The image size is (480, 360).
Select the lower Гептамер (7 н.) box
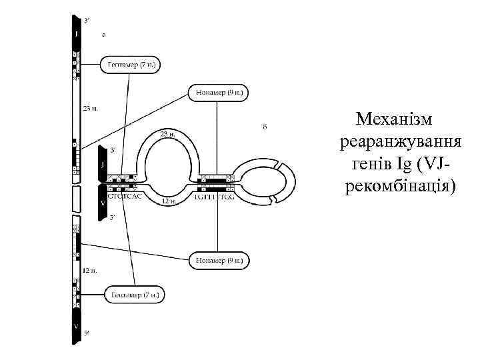pos(134,294)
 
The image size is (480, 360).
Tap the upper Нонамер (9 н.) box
pos(219,93)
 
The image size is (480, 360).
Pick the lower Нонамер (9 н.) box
pos(219,260)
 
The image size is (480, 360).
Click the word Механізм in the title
pos(394,120)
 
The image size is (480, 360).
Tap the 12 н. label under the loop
pos(169,200)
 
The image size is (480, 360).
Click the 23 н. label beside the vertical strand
pos(90,108)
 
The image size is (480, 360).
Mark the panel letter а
pos(103,34)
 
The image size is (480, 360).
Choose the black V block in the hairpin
pos(102,203)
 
